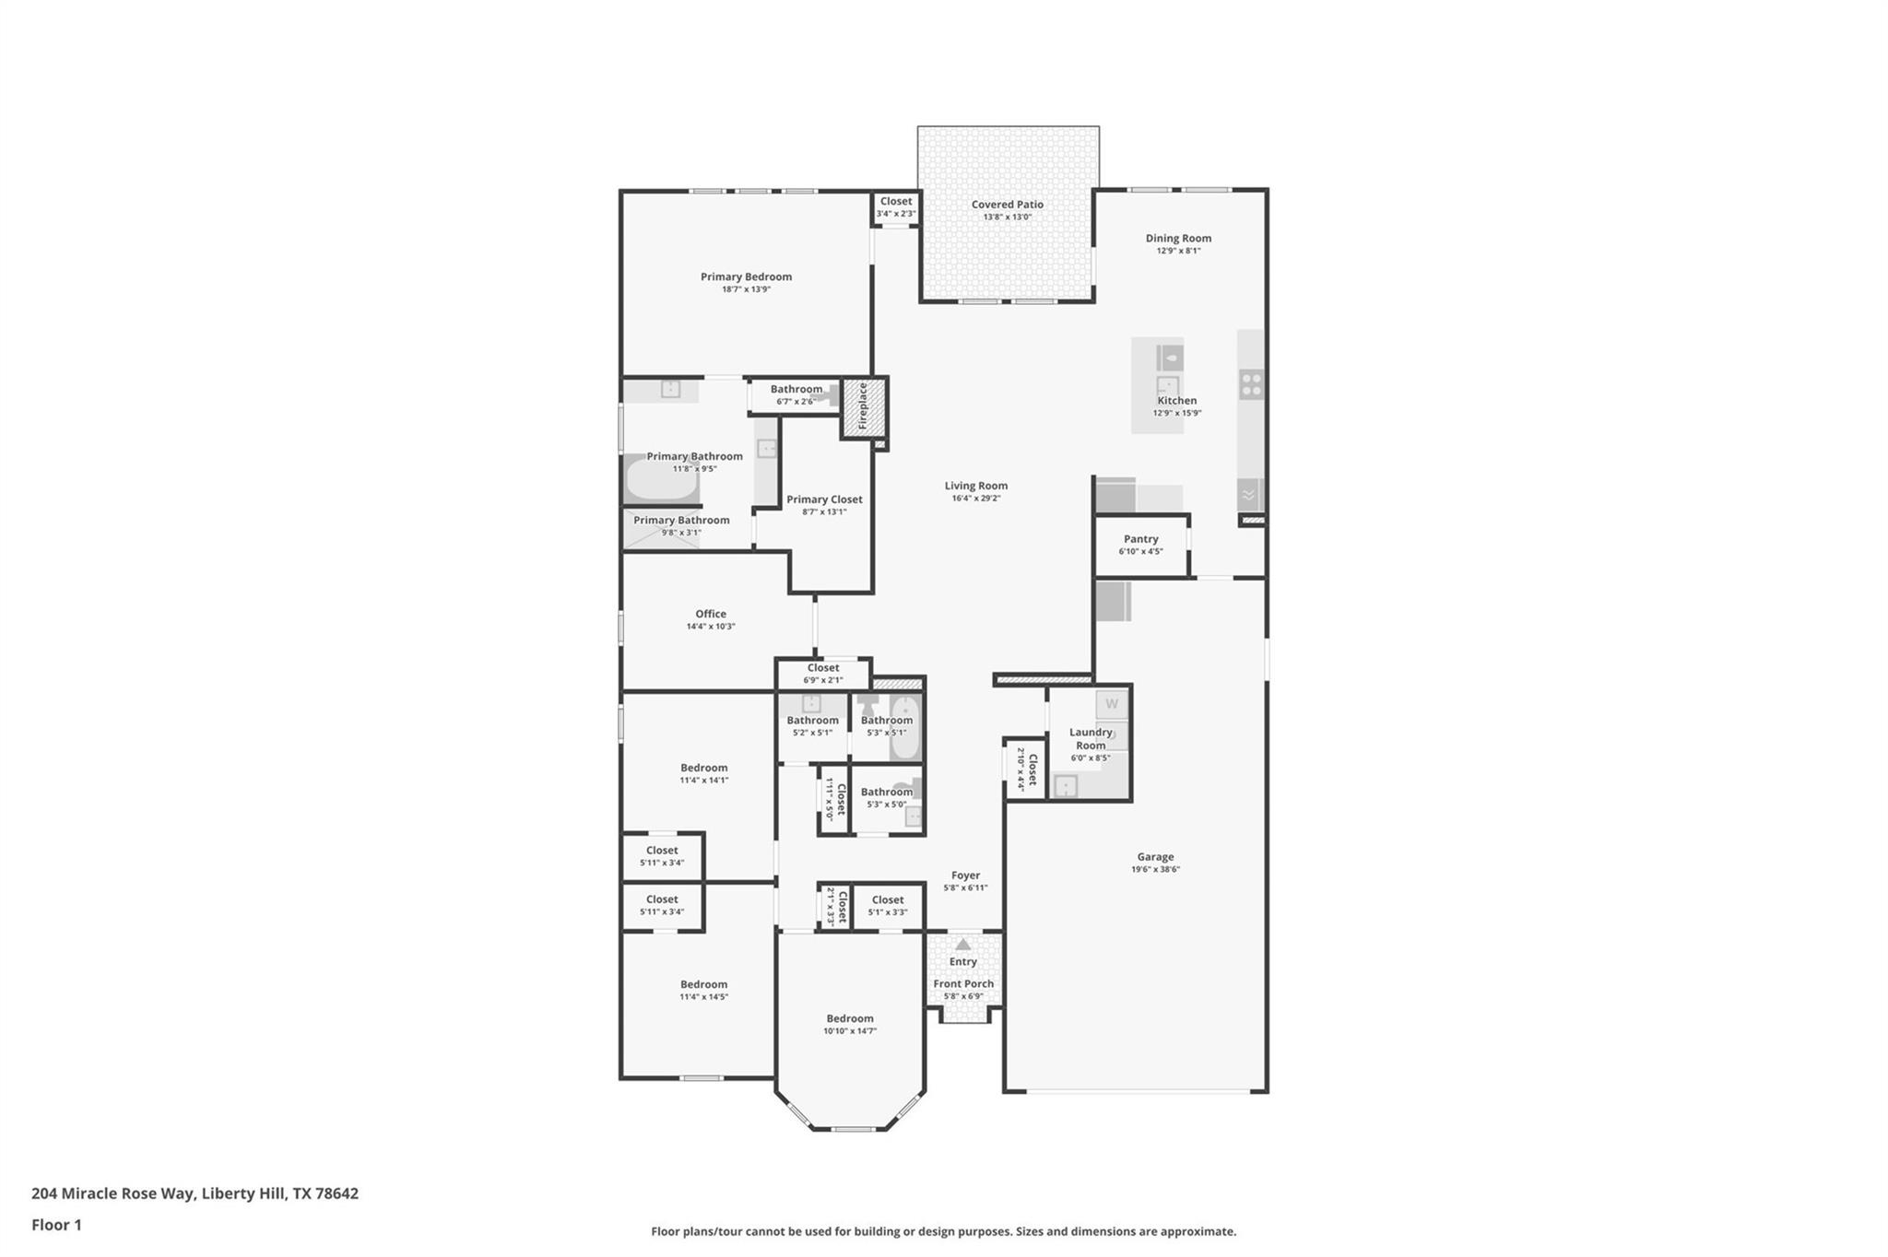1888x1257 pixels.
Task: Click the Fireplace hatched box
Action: click(x=864, y=406)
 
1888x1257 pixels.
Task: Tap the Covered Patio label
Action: click(x=1007, y=205)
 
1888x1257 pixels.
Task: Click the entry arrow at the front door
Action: click(x=962, y=945)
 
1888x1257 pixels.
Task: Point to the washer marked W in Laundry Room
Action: click(x=1112, y=704)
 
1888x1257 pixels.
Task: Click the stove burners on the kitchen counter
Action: click(x=1251, y=384)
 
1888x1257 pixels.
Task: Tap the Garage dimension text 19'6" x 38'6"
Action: click(x=1155, y=869)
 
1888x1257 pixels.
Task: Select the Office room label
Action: click(x=711, y=614)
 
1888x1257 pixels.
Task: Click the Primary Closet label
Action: click(x=824, y=499)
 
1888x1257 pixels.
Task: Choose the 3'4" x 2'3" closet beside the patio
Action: click(x=895, y=207)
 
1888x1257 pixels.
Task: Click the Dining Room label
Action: click(x=1178, y=238)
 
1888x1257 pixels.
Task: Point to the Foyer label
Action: click(x=965, y=875)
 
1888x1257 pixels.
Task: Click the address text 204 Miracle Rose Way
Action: click(x=195, y=1193)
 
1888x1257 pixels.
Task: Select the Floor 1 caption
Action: click(x=56, y=1225)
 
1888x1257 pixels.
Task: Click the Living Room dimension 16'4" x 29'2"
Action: click(x=975, y=499)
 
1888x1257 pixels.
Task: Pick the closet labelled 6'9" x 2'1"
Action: click(x=822, y=674)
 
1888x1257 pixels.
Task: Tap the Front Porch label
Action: click(x=963, y=983)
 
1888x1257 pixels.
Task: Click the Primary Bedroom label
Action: click(x=746, y=276)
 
